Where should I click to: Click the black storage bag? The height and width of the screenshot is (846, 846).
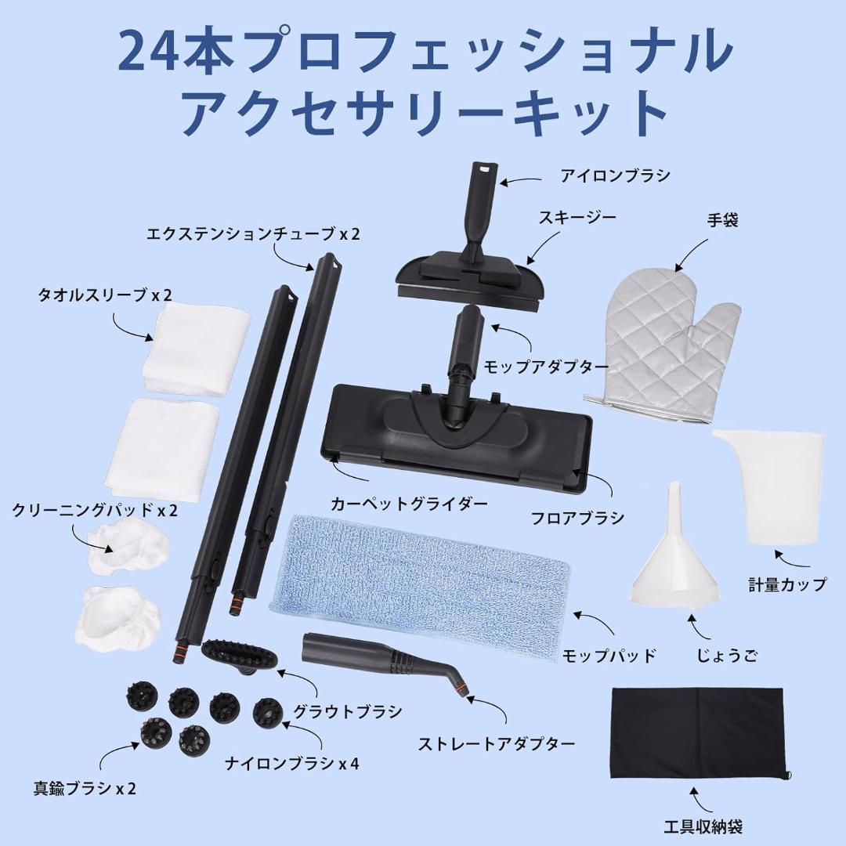point(697,732)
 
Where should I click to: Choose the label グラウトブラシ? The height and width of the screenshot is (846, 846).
point(347,712)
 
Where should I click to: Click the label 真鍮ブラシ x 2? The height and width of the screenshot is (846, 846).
point(74,788)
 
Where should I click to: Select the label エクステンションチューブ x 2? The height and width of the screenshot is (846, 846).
point(253,233)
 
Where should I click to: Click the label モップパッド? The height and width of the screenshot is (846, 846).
point(608,656)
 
